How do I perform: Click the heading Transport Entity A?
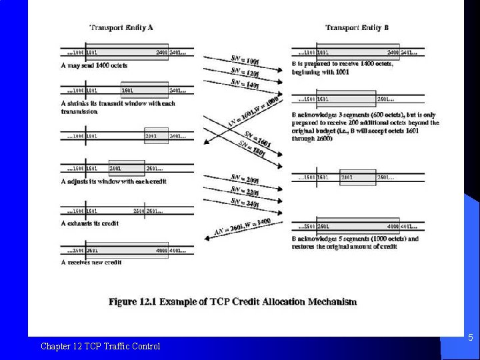pos(121,27)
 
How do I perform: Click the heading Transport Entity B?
pos(357,27)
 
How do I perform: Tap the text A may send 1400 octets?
pos(94,65)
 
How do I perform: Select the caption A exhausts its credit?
pos(90,223)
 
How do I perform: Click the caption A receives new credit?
pos(91,262)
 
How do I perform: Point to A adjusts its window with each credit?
pos(113,181)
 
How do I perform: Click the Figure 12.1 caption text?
pos(233,302)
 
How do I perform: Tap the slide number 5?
pos(470,338)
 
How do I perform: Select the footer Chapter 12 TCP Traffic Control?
pos(100,346)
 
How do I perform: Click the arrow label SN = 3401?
pos(245,202)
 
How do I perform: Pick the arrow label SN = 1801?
pos(254,151)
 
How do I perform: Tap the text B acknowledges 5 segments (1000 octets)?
pos(355,239)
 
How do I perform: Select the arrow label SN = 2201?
pos(245,191)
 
